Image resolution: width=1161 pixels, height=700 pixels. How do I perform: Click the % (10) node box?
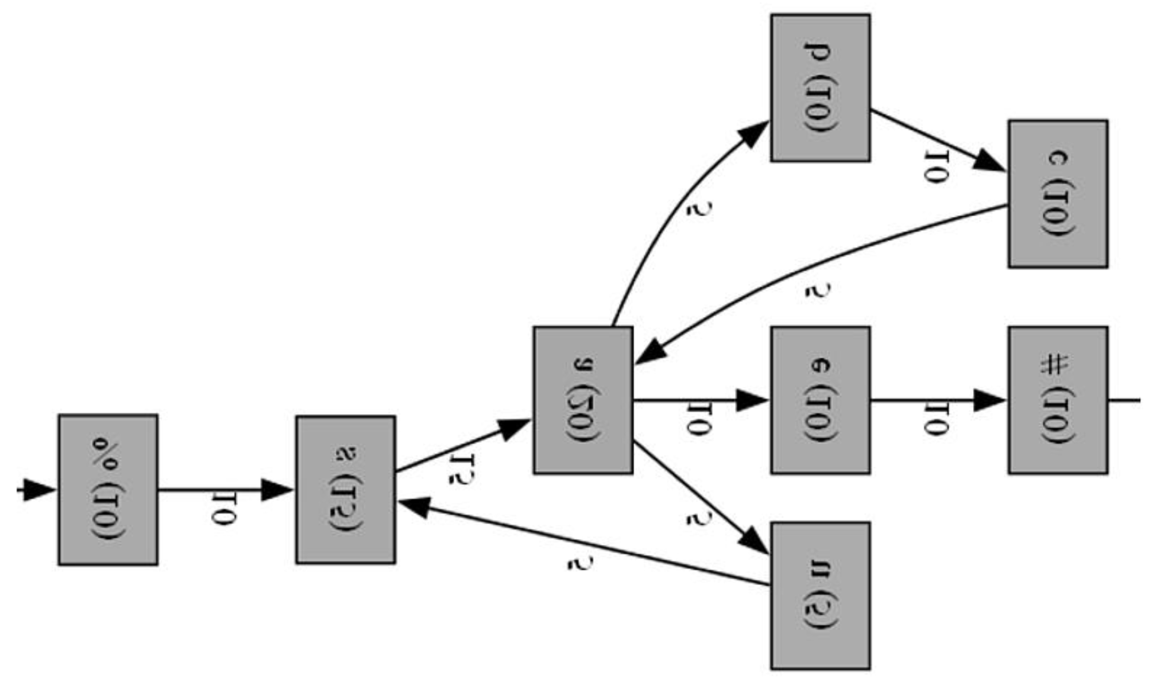108,489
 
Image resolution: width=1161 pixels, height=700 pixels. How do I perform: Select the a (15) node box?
346,490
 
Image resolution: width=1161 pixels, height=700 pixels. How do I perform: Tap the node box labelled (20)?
583,400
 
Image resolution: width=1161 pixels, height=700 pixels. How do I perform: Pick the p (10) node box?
821,88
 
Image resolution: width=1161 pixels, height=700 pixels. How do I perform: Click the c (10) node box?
1058,194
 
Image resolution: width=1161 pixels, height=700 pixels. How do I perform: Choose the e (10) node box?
821,400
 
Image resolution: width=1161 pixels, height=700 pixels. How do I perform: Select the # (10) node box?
1058,400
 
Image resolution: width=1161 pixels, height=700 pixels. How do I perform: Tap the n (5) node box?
821,596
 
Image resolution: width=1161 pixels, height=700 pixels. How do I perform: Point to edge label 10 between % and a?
223,510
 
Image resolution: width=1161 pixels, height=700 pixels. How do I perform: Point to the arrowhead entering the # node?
991,400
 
